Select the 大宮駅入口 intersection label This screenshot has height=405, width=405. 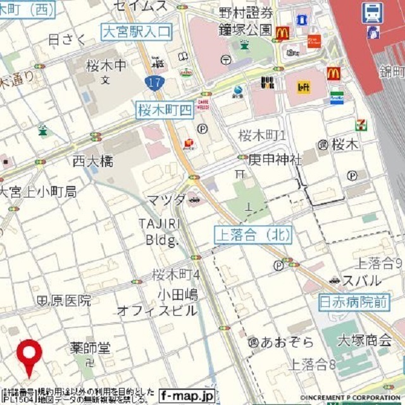click(136, 30)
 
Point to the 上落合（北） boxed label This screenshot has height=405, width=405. click(252, 235)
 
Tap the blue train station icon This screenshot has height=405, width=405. click(372, 12)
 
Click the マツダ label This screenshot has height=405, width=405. click(166, 201)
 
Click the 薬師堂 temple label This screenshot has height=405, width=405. click(90, 348)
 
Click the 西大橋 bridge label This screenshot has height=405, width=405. click(92, 161)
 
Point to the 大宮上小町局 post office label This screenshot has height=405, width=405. click(39, 191)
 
